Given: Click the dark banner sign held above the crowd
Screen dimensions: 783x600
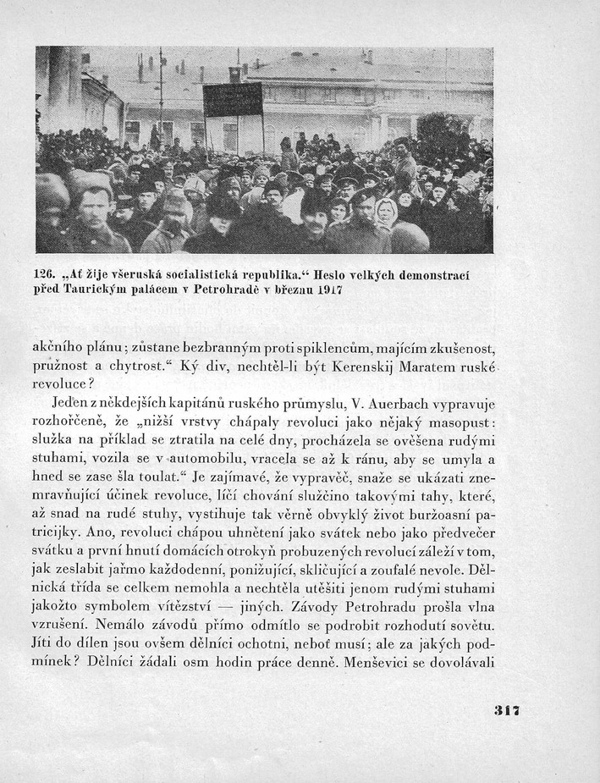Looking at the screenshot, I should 233,101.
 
